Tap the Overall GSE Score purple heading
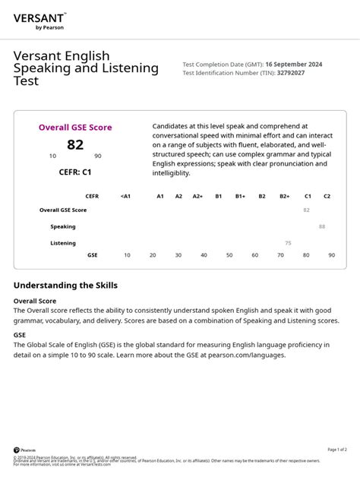(75, 128)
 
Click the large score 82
(75, 144)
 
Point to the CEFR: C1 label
(75, 172)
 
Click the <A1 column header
(125, 196)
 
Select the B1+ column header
(240, 196)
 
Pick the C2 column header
(327, 196)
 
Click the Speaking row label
(63, 226)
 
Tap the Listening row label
(63, 243)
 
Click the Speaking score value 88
(322, 226)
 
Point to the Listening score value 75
(288, 243)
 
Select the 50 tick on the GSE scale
(229, 255)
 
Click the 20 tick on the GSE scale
(153, 255)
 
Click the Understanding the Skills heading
(65, 286)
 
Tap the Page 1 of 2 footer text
(337, 450)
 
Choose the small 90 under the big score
(98, 156)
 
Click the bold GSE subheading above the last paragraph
(20, 334)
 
